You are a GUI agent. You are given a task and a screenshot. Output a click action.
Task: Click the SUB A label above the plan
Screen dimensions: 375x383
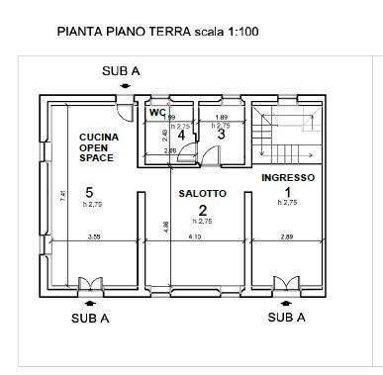121,72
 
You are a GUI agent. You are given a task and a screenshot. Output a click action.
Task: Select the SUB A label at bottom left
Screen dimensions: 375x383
90,318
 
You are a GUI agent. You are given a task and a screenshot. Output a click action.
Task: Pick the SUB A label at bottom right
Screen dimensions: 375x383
287,318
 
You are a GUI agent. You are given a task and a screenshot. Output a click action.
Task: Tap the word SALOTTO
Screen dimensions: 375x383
203,194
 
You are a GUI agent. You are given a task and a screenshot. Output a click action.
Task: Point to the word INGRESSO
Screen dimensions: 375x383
288,177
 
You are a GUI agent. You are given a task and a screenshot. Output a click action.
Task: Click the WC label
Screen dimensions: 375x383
156,112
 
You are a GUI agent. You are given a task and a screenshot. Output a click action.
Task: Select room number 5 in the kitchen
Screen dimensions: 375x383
89,192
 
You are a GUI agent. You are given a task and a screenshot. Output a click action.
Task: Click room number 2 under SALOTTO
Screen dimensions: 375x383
202,210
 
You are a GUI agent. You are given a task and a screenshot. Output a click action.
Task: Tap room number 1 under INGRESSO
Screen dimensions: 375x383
288,191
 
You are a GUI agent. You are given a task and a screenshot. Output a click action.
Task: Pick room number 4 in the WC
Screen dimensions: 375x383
180,136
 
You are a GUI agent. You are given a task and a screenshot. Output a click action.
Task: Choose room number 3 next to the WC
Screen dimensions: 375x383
222,136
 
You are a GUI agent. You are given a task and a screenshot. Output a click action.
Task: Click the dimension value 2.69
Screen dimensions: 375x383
287,237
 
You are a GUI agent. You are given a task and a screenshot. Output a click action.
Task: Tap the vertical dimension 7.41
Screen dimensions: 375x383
62,196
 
